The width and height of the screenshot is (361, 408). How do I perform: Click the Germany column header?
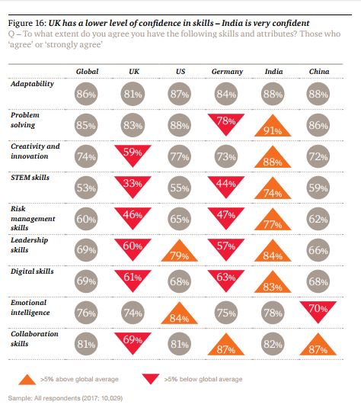pos(227,72)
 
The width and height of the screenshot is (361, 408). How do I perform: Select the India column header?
pos(273,71)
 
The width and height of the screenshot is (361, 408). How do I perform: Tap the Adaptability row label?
pos(32,84)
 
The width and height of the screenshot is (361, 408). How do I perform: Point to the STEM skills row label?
pos(30,178)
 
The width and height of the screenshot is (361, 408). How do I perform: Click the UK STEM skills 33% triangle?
pos(133,185)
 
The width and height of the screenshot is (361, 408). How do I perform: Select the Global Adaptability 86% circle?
pos(86,94)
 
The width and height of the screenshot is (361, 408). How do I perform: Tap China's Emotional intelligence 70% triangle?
pos(318,310)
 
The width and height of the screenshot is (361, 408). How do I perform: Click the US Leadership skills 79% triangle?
pos(179,252)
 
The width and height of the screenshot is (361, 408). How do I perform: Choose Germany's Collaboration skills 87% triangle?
pos(226,346)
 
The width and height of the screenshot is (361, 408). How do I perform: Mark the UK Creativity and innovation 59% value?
pos(133,152)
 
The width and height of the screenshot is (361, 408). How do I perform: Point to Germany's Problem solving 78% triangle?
pos(226,122)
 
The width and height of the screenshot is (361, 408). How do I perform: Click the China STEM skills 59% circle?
pos(318,188)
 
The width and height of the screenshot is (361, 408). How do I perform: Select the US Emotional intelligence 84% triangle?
pos(179,315)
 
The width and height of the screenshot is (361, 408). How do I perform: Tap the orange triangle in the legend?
pos(27,381)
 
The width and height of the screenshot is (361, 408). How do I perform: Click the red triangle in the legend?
pos(151,378)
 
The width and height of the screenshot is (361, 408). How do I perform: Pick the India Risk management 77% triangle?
pos(273,221)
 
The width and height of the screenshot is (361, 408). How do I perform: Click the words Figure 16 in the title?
pos(27,23)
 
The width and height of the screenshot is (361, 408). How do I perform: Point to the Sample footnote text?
pos(65,398)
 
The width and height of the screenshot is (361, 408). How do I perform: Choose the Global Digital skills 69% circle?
pos(86,281)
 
